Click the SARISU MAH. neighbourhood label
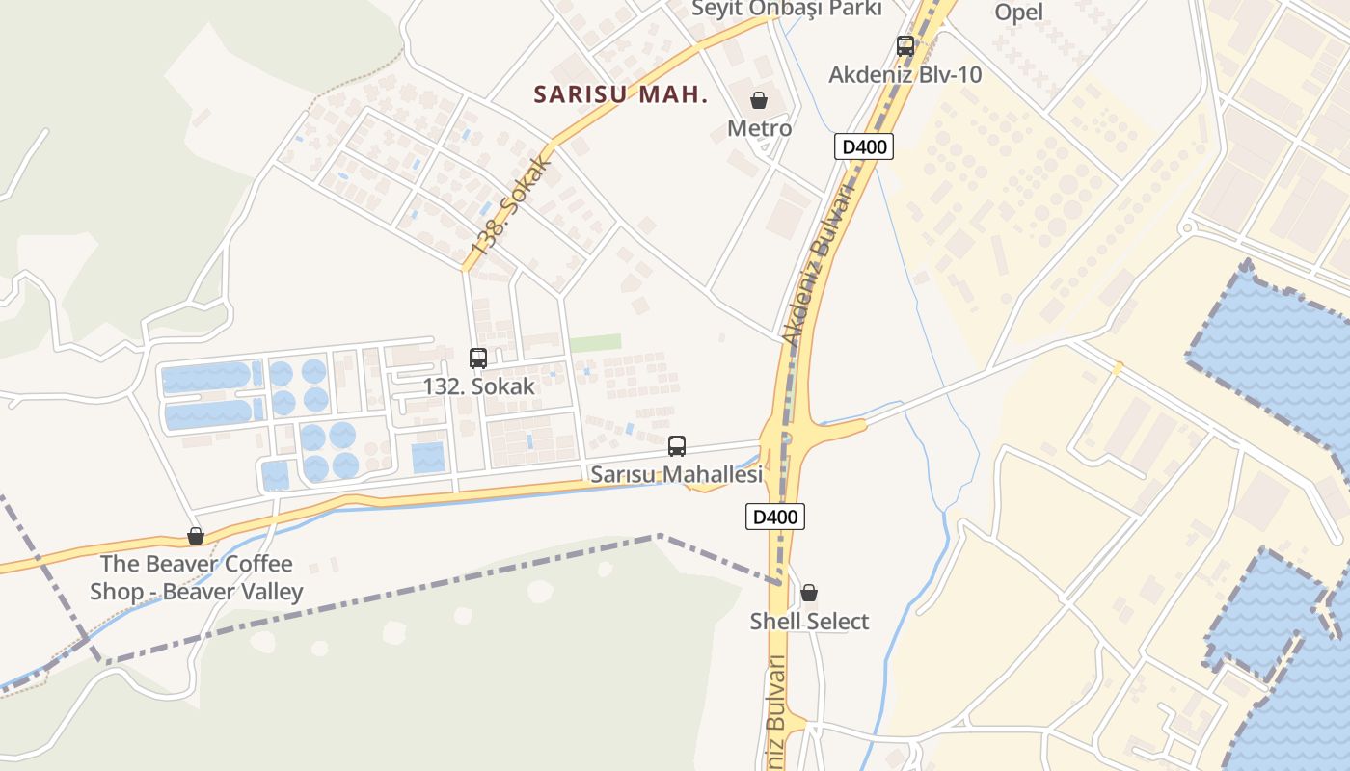621,94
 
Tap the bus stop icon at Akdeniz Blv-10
904,45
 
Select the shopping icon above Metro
759,100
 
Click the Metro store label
759,128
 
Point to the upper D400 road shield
863,146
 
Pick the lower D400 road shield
775,517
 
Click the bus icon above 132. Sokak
478,359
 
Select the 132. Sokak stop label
478,386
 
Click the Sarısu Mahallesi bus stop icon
677,446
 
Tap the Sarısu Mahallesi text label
676,474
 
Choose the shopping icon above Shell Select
809,593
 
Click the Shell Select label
809,622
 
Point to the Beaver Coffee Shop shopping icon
196,536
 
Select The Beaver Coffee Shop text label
197,577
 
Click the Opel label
1019,13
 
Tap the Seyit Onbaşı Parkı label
787,9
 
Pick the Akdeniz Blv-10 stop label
905,74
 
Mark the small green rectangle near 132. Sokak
595,343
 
